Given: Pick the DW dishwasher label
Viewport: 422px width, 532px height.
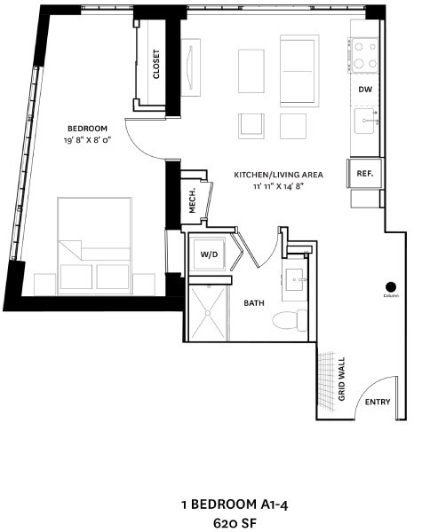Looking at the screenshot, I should pos(365,90).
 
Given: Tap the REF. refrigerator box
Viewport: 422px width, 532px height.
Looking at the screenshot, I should pos(365,175).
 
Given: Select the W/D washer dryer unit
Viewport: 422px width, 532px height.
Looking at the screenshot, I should pos(210,255).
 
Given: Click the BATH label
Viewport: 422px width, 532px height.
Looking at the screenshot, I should pos(254,303).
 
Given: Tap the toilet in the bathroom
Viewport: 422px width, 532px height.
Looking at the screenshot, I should pos(288,318).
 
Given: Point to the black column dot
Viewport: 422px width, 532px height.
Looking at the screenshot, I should pos(389,286).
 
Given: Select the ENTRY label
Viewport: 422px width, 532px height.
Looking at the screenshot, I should pos(378,403).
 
